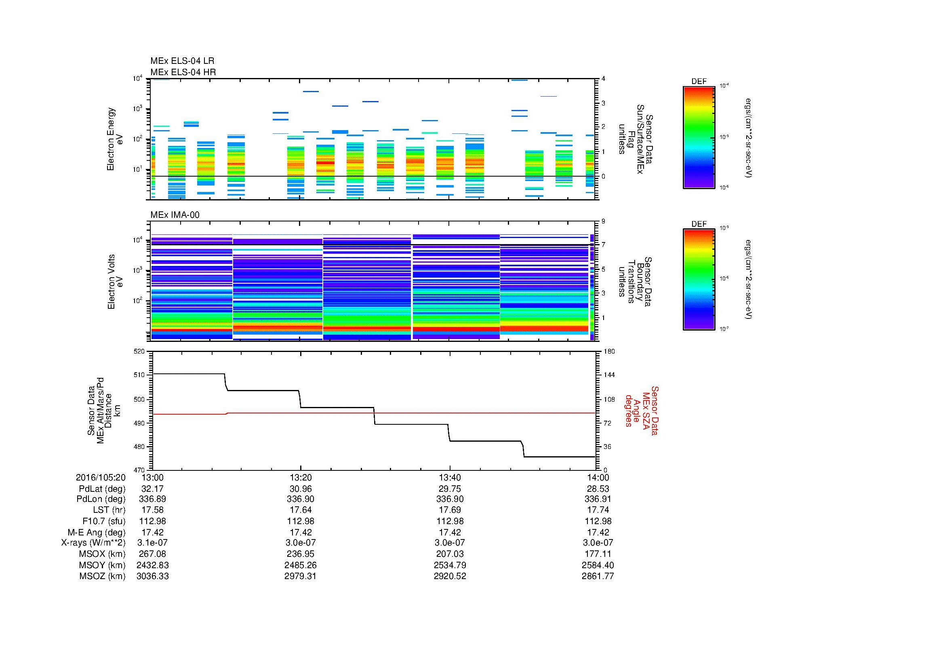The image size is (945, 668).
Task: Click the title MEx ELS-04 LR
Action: click(182, 61)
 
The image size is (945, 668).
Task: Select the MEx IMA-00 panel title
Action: click(175, 215)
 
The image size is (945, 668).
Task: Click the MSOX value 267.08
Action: click(153, 554)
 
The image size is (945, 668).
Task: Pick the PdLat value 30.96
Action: click(301, 489)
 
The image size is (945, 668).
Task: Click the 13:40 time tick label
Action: click(450, 477)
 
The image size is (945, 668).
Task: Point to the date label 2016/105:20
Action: click(101, 477)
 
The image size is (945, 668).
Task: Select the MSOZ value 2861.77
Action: click(598, 576)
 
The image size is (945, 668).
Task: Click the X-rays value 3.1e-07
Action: click(153, 543)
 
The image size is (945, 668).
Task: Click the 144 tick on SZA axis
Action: click(609, 375)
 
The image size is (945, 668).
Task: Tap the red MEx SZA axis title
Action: click(641, 410)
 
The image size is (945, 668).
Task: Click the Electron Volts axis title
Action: click(115, 282)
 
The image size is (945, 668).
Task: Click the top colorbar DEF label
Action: click(699, 82)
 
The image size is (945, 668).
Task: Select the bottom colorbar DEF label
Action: click(699, 224)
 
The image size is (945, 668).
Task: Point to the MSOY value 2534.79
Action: click(450, 565)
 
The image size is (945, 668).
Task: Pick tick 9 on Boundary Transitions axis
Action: click(603, 221)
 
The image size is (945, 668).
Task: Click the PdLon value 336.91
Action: click(598, 499)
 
